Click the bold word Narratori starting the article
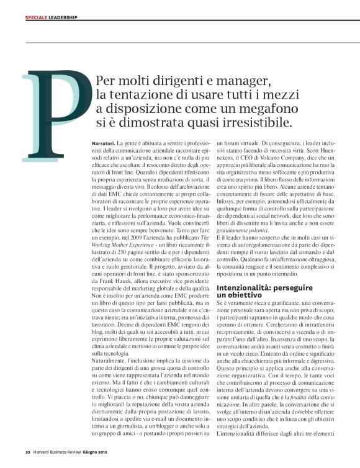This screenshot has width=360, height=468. [x=102, y=144]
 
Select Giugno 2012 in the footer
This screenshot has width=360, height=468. [x=101, y=452]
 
